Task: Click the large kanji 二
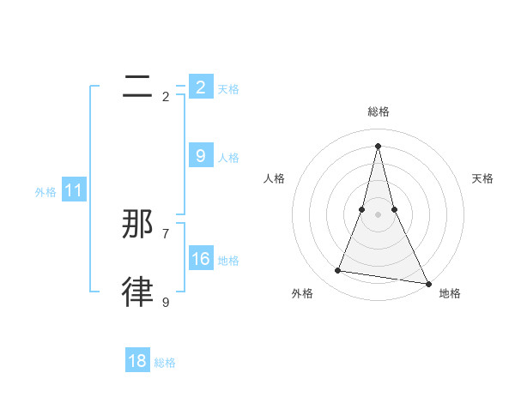point(138,87)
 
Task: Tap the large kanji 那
point(138,225)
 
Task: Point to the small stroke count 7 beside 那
point(166,233)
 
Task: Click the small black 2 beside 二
point(166,96)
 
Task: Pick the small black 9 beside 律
point(166,302)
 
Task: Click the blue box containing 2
point(201,87)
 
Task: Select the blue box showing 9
point(201,156)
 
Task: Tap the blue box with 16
point(201,259)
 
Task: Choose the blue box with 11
point(74,190)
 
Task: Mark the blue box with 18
point(137,361)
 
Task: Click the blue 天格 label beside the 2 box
point(228,89)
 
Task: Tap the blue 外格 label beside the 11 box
point(45,192)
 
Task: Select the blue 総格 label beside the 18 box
point(165,363)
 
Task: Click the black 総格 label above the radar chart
point(379,112)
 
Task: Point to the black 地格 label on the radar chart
point(450,293)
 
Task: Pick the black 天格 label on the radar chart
point(483,178)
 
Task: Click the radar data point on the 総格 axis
point(379,145)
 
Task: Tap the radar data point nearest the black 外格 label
point(338,271)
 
